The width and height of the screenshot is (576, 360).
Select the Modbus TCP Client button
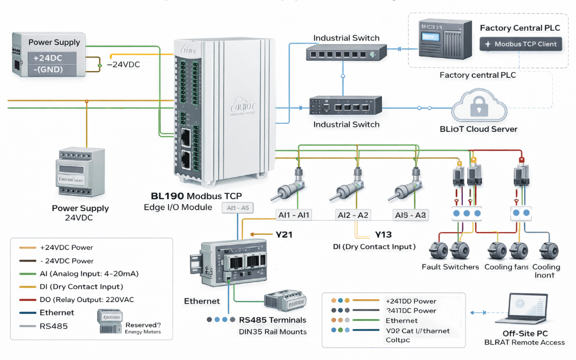(x=520, y=44)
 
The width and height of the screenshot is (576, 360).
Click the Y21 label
(x=283, y=234)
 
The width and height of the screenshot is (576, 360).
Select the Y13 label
(x=383, y=234)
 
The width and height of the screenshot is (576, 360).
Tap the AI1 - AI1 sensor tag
(x=294, y=215)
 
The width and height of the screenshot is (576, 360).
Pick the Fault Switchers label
(x=450, y=267)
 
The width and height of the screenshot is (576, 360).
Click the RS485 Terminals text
(x=273, y=320)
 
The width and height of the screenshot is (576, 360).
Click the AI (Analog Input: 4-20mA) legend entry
(x=89, y=274)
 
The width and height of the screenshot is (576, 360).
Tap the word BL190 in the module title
(x=163, y=196)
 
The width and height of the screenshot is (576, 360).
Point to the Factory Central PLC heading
(x=520, y=28)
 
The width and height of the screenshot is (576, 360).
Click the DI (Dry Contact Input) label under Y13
(x=374, y=247)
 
